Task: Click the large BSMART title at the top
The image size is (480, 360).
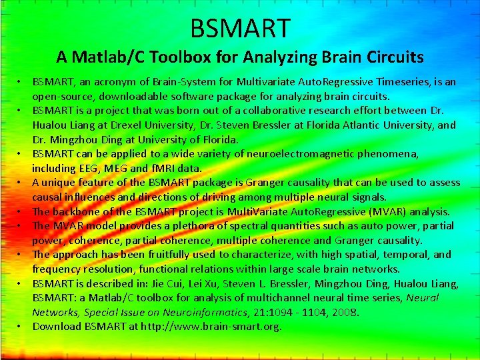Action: (240, 28)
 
